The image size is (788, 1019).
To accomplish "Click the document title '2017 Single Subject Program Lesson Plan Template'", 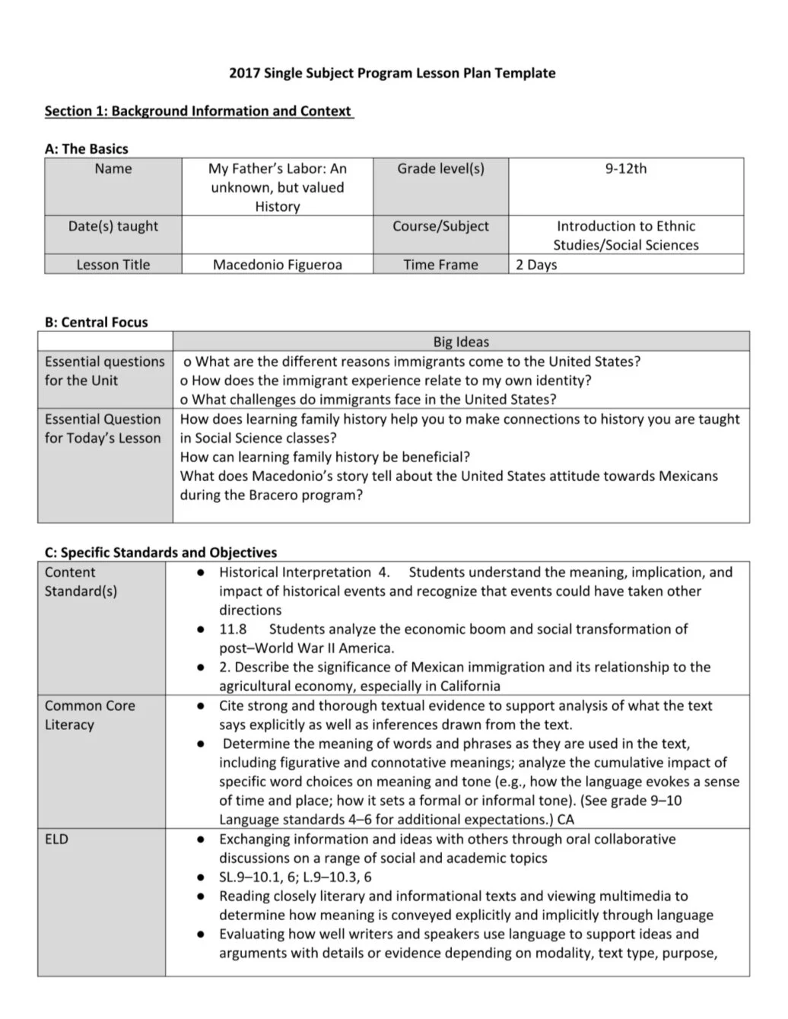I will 392,73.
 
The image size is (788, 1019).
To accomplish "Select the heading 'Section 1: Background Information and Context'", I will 198,111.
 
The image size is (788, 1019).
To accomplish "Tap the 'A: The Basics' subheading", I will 86,149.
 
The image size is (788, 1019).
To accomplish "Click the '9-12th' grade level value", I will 625,169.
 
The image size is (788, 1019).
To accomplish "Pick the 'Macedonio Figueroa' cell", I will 277,265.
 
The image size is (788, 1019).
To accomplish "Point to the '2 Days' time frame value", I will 536,265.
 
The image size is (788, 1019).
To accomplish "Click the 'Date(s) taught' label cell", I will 113,226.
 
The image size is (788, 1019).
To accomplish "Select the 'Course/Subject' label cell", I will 440,226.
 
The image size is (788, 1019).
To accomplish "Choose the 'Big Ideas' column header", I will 461,342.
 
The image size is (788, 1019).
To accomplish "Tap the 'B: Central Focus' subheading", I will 96,322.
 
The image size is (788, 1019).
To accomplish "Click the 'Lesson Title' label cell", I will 113,265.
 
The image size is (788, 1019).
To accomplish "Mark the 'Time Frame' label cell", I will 440,265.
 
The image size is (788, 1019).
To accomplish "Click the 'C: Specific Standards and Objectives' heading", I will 160,552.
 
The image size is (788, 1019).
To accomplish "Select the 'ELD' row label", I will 56,839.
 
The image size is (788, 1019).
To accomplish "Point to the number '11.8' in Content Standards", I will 233,629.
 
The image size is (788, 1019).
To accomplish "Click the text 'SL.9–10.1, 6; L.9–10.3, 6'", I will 295,877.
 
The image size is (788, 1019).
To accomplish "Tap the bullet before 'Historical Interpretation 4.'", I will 200,572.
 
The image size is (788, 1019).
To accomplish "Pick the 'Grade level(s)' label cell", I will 440,169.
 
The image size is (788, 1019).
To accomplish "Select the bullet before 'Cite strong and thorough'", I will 200,706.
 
